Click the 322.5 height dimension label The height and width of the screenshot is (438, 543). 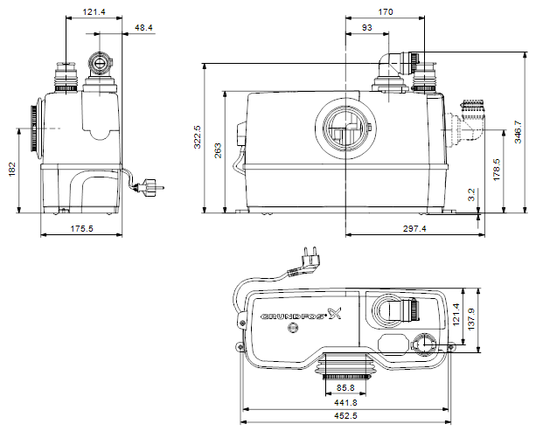click(x=198, y=136)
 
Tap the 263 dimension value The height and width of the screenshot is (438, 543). click(x=219, y=150)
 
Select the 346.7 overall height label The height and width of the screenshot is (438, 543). click(x=518, y=131)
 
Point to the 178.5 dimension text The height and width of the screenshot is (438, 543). click(x=497, y=170)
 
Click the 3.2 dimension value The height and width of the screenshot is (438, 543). click(x=471, y=195)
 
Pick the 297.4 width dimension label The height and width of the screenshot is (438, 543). click(x=414, y=228)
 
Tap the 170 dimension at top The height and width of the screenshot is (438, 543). click(x=385, y=12)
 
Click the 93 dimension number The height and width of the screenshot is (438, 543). click(x=366, y=27)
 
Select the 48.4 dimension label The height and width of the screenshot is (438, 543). click(x=143, y=27)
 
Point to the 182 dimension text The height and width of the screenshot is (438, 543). click(x=12, y=169)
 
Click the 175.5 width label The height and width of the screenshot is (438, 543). click(x=81, y=228)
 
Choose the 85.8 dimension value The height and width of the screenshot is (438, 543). click(x=345, y=388)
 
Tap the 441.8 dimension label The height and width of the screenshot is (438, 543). click(x=345, y=403)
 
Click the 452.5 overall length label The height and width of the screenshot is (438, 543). click(x=345, y=415)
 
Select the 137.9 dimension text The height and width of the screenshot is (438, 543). click(x=471, y=319)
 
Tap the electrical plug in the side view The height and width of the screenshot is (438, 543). click(x=149, y=187)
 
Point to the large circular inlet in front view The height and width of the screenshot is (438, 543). click(x=345, y=129)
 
